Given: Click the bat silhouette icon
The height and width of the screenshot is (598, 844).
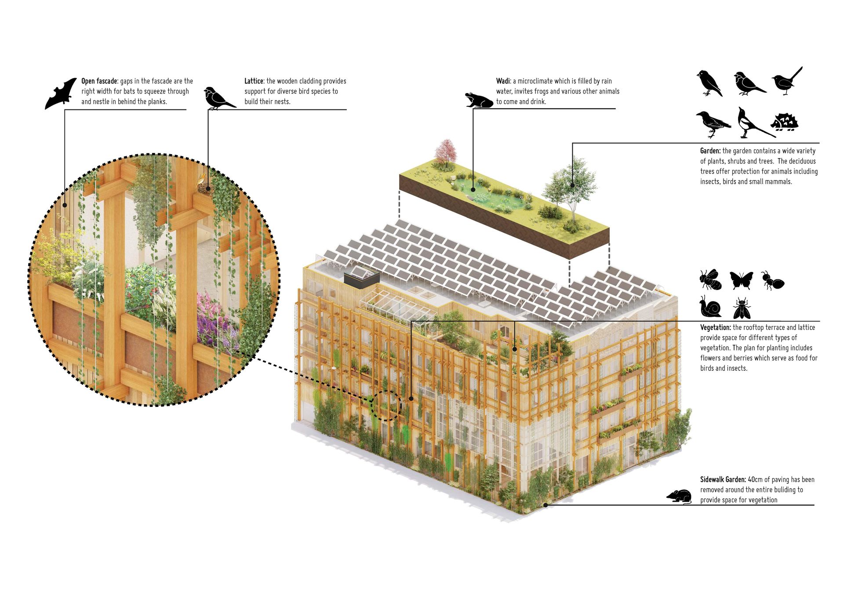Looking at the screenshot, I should tap(61, 94).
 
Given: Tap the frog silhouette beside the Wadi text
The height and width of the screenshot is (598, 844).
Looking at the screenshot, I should tap(479, 101).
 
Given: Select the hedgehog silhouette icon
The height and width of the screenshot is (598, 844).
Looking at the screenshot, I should tap(785, 122).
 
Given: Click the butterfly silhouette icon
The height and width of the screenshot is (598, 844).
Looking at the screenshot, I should tap(741, 280).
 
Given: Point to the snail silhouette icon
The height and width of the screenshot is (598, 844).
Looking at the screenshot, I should tap(711, 307).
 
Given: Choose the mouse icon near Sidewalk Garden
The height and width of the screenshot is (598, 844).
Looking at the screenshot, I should tap(679, 496).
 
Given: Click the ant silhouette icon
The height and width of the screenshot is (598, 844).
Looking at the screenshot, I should tap(773, 281).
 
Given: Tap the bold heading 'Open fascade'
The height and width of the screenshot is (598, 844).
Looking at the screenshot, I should tap(99, 81).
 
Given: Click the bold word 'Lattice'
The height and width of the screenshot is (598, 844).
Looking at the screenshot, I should tap(254, 81).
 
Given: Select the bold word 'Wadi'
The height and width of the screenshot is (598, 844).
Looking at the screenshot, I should tap(503, 81).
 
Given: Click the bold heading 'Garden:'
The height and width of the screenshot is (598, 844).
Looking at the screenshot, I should tap(710, 151).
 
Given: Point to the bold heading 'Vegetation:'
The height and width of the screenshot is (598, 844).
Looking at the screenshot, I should tap(715, 328).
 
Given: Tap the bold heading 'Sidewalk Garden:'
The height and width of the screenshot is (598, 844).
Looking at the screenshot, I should tap(723, 480).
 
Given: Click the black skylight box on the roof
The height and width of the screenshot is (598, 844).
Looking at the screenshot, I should tap(362, 279).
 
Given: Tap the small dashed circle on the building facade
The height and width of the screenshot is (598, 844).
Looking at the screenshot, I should tap(386, 406).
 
